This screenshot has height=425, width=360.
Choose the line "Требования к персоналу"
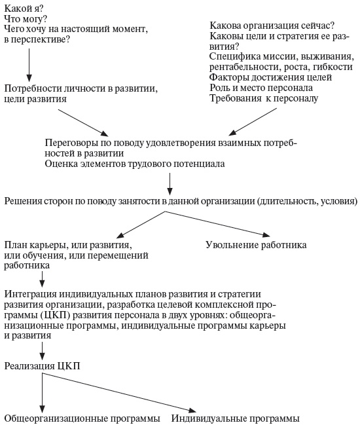pos(264,99)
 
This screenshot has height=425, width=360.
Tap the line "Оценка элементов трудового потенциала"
pos(135,163)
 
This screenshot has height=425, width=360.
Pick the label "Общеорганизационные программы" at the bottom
pos(82,418)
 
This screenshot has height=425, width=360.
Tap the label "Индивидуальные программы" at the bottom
pos(236,418)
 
